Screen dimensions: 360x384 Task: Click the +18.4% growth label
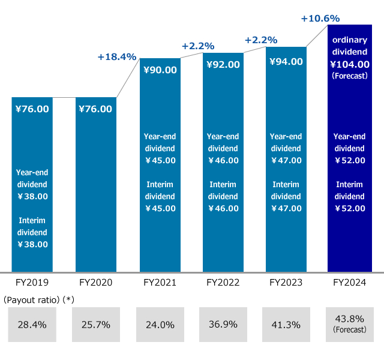(x=117, y=57)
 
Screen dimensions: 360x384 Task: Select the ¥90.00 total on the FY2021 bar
(x=160, y=70)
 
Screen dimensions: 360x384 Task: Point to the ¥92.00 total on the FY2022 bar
(x=223, y=65)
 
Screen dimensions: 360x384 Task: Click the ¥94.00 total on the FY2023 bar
(x=286, y=61)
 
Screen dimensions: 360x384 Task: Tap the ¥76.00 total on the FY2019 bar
(x=32, y=109)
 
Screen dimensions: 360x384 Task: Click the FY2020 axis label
(x=95, y=282)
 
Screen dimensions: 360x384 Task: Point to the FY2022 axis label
(x=223, y=282)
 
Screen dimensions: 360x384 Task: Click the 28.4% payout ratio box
(x=32, y=325)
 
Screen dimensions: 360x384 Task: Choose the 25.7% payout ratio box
(x=95, y=325)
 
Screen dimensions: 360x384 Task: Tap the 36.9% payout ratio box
(x=223, y=325)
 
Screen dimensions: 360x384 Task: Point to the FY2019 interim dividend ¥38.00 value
(x=32, y=244)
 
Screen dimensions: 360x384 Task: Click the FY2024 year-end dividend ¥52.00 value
(x=349, y=160)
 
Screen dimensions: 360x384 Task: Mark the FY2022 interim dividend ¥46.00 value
(x=223, y=208)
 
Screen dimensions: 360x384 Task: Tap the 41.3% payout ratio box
(x=286, y=325)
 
